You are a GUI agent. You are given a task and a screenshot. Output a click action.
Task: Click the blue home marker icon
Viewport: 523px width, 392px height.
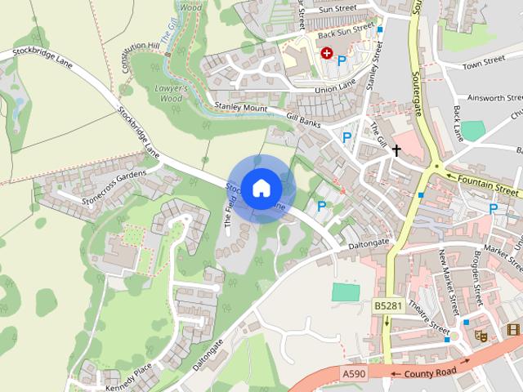pos(261,188)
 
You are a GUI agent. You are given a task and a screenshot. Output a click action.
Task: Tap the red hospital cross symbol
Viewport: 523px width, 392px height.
pos(327,53)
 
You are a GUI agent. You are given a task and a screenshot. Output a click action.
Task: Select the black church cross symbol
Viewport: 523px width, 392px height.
pos(396,150)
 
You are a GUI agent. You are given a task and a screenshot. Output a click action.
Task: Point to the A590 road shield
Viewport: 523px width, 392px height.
pos(354,373)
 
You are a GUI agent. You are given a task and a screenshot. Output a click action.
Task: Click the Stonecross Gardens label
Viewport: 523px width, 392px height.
pos(114,187)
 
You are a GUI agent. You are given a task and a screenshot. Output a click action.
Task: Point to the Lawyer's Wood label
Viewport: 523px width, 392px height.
pos(172,93)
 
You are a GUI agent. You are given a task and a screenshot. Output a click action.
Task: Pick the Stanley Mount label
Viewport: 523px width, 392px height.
pos(240,107)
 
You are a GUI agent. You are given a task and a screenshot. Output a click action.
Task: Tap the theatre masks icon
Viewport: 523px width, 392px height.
pos(481,335)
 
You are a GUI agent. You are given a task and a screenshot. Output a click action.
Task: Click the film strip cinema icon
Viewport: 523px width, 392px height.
pos(512,330)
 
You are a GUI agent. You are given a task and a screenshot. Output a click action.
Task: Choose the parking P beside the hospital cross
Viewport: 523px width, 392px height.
pos(342,60)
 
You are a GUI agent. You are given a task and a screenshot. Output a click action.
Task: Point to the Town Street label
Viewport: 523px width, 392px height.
pos(482,64)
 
